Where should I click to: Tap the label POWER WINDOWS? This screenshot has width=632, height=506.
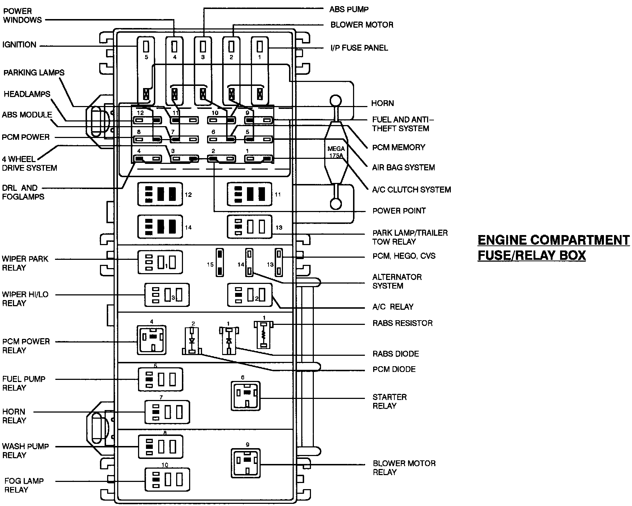click(x=22, y=16)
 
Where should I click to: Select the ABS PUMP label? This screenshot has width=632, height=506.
click(x=349, y=9)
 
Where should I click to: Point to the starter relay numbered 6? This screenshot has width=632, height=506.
click(x=246, y=396)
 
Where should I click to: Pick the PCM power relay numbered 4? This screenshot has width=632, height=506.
click(x=151, y=340)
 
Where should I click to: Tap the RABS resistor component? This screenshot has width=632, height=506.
click(x=264, y=335)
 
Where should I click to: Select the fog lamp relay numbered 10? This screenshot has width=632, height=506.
click(x=167, y=479)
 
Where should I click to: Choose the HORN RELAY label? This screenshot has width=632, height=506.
click(x=14, y=416)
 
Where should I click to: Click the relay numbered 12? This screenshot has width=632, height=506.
click(x=160, y=194)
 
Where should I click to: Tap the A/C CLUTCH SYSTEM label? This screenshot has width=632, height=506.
click(x=411, y=189)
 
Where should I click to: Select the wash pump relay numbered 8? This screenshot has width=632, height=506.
click(x=160, y=447)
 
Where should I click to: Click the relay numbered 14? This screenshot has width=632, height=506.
click(x=160, y=227)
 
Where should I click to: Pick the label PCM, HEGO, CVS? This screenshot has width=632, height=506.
click(x=404, y=256)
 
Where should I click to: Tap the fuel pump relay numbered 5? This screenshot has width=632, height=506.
click(x=160, y=379)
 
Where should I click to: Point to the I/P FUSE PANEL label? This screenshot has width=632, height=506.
click(x=359, y=48)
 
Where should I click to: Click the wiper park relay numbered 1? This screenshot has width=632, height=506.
click(x=160, y=262)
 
